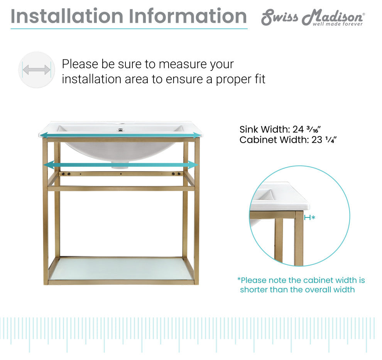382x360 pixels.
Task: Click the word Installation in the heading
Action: point(67,16)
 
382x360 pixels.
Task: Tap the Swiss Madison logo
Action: point(313,17)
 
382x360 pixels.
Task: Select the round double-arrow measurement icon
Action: point(37,70)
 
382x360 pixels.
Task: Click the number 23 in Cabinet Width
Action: point(317,140)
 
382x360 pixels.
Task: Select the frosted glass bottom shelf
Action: point(121,269)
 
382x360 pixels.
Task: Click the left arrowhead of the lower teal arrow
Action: point(49,165)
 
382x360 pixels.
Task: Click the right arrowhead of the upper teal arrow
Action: point(197,135)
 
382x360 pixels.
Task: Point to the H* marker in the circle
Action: point(309,217)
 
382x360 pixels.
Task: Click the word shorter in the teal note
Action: point(254,289)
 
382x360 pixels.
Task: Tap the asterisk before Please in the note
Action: point(239,279)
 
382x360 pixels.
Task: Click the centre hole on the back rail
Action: point(121,174)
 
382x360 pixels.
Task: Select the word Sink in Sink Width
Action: point(248,129)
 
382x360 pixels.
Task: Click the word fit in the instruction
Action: point(259,79)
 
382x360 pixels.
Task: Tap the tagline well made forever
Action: point(338,24)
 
